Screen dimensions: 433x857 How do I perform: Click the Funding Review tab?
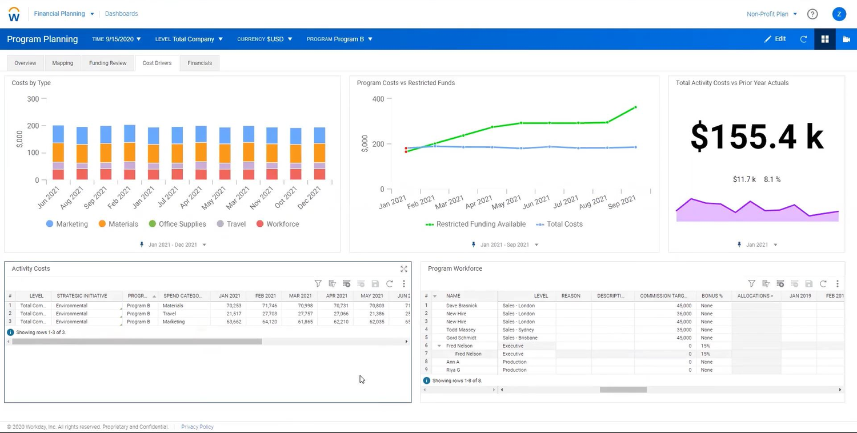[107, 63]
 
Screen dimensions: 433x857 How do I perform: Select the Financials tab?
[199, 63]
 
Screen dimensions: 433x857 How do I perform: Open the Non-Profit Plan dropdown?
[771, 14]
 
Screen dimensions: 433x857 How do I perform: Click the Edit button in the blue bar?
[775, 39]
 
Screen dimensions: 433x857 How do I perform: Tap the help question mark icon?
[812, 14]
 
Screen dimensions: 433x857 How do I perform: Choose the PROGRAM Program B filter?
[339, 39]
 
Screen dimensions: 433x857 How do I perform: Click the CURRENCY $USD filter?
[265, 39]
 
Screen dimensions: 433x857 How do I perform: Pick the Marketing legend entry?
[67, 224]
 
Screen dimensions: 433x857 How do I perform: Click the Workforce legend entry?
[278, 224]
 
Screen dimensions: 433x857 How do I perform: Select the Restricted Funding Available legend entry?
[475, 224]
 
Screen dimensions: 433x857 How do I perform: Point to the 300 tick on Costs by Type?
[33, 99]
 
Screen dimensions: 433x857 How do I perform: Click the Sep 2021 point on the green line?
[635, 107]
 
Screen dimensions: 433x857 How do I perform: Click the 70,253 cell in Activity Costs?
[230, 306]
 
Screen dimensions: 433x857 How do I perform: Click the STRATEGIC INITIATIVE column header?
[82, 296]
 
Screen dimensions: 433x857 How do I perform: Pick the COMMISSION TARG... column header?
[663, 296]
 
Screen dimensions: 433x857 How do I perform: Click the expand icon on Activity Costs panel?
[404, 269]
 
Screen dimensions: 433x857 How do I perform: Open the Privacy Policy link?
[197, 427]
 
